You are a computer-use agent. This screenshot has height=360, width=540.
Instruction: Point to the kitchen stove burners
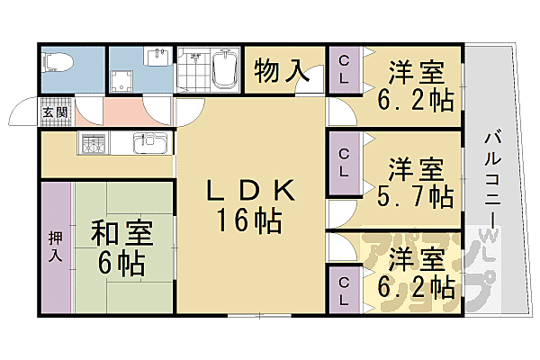click(94, 142)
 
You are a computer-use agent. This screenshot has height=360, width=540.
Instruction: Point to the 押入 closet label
click(54, 246)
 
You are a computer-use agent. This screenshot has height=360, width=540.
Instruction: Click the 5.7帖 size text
click(415, 193)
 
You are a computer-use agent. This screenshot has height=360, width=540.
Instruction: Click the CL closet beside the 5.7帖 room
click(343, 162)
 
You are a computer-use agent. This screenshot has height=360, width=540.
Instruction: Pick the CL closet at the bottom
click(343, 288)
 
